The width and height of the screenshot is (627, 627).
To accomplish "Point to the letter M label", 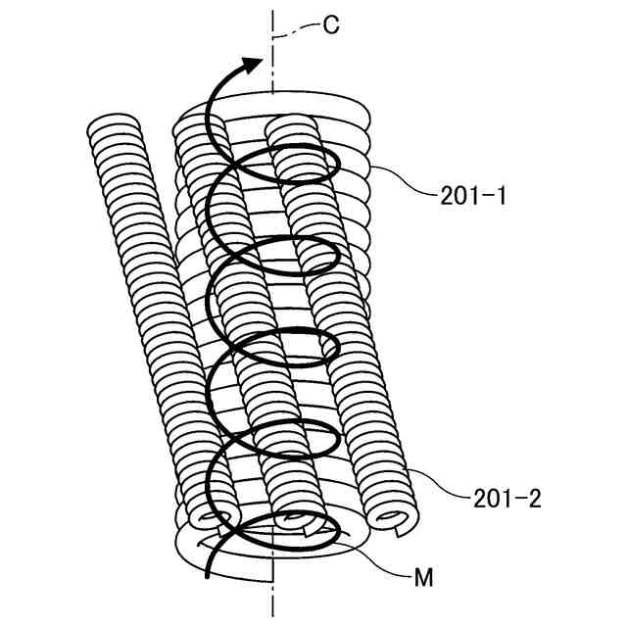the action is pyautogui.click(x=423, y=578).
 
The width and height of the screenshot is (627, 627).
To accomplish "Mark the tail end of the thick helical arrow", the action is pyautogui.click(x=208, y=577).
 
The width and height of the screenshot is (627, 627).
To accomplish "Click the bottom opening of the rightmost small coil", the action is pyautogui.click(x=393, y=518).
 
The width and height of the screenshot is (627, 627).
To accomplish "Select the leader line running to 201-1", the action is pyautogui.click(x=402, y=181).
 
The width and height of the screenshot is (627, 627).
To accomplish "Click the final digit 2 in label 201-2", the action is pyautogui.click(x=534, y=499).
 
